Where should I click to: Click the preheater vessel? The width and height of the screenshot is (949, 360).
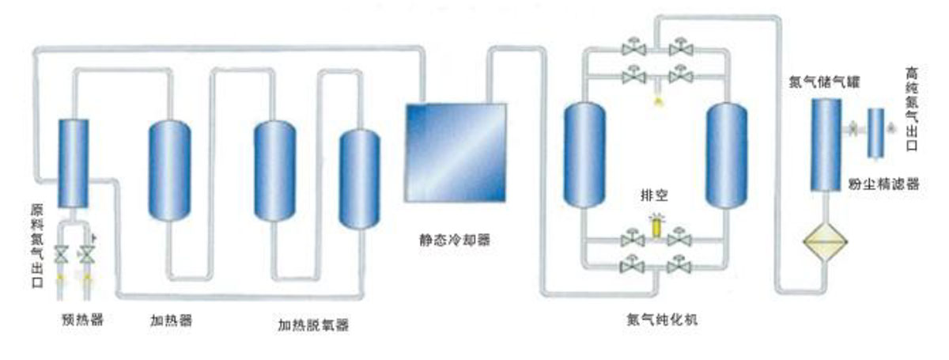74,161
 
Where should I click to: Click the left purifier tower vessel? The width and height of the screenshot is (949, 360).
585,155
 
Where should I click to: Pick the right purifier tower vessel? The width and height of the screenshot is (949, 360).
726,155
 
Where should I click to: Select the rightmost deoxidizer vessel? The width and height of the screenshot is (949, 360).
358,178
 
